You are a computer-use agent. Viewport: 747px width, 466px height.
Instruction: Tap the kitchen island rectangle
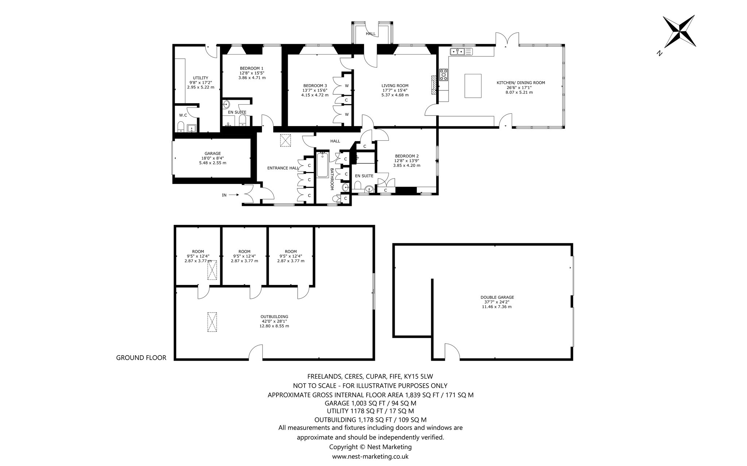tap(473, 86)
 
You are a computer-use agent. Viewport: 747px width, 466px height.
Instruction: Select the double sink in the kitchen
tap(461, 51)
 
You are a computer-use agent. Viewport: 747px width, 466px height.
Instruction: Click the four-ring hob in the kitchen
tap(444, 75)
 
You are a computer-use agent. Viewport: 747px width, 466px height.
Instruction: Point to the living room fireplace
tap(433, 85)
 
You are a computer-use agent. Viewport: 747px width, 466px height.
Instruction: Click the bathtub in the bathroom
tap(322, 165)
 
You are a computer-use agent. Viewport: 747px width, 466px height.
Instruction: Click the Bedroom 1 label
tap(252, 68)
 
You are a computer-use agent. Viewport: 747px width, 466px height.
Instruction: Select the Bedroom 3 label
tap(315, 86)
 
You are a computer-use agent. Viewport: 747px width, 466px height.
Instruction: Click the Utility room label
tap(201, 78)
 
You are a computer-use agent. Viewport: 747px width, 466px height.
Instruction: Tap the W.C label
tap(183, 115)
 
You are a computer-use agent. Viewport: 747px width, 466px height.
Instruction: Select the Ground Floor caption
tap(141, 358)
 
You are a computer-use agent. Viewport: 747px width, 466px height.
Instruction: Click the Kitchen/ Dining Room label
tap(521, 83)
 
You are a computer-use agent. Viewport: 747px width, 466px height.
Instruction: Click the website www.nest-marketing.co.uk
tap(370, 456)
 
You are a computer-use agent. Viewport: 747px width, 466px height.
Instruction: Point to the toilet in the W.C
tap(181, 126)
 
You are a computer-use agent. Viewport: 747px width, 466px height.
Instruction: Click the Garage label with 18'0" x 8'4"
tap(213, 158)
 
